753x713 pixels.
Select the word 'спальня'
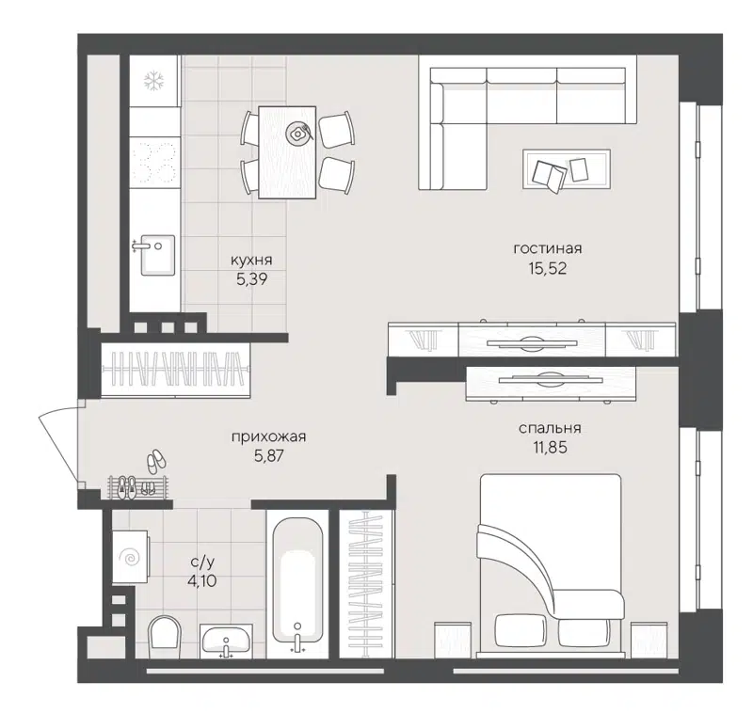(547, 428)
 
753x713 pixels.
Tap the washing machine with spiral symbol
(129, 557)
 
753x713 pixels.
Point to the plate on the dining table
(300, 133)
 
